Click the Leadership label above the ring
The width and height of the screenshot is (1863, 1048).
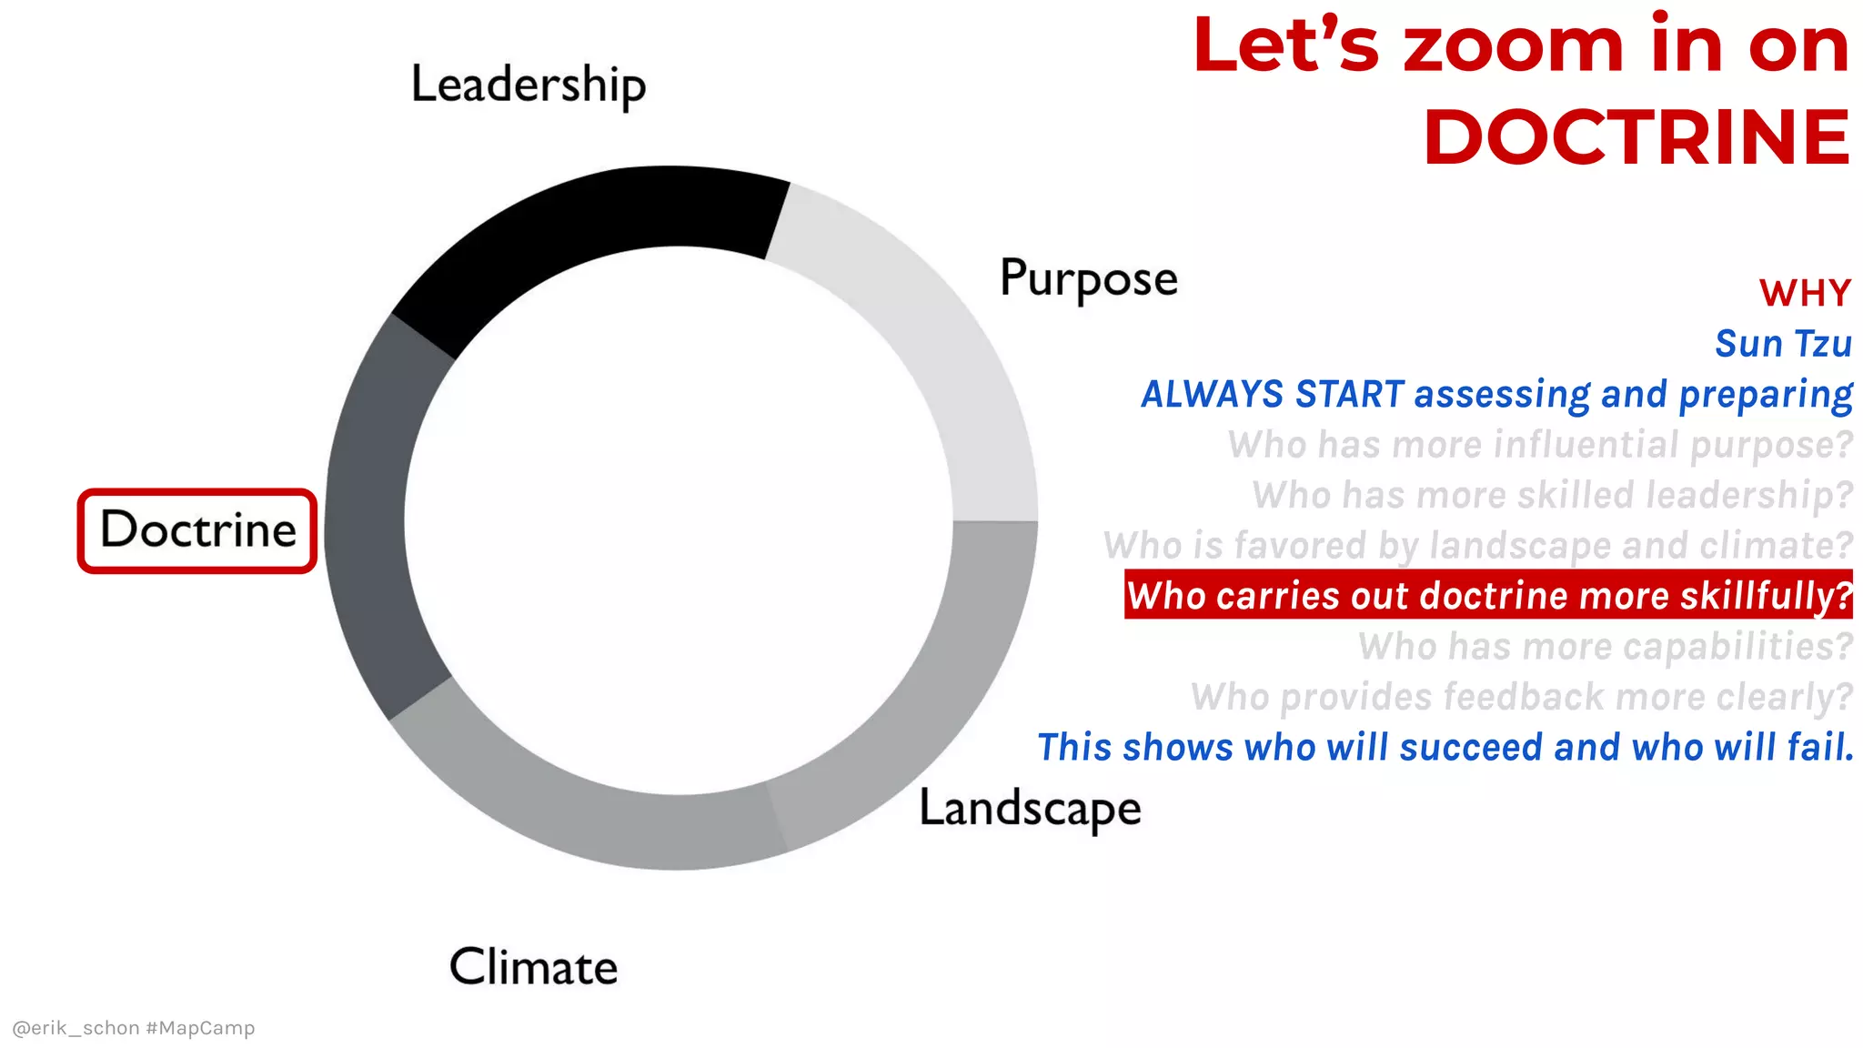(529, 86)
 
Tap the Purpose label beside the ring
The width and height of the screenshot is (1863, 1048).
(1088, 278)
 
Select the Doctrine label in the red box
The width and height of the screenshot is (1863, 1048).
(198, 530)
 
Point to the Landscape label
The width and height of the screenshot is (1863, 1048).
(1030, 808)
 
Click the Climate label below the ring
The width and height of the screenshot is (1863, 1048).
(533, 967)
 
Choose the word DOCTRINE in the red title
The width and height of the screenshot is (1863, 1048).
(1636, 138)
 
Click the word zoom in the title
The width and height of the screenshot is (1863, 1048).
(1513, 47)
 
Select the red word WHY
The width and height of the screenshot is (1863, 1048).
(1805, 294)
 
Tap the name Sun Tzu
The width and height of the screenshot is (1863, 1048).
(1783, 344)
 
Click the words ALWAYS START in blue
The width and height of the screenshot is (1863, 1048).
(1273, 395)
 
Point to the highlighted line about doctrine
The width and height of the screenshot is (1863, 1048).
(1488, 596)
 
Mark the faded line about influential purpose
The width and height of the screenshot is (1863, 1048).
(1539, 445)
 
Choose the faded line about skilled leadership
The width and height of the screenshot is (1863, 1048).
(1552, 496)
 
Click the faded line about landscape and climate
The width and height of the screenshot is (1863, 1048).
(1477, 546)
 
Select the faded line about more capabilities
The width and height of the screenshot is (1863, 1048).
(1605, 647)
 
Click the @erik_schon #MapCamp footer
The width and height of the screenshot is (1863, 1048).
(134, 1028)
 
